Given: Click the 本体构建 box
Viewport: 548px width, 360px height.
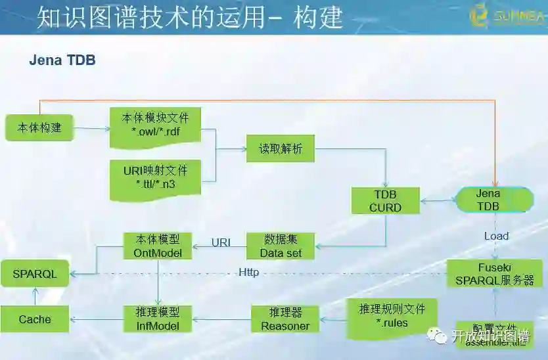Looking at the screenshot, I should (x=39, y=127).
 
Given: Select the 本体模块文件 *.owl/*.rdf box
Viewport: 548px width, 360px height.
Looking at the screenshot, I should (x=156, y=125).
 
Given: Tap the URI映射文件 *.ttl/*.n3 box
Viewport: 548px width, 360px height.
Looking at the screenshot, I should (x=156, y=177).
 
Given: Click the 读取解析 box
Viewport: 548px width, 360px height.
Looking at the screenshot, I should (x=281, y=148).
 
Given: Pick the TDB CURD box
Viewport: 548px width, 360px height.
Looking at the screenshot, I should (x=385, y=200).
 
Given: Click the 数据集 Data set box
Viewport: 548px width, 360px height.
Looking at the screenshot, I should (x=281, y=246).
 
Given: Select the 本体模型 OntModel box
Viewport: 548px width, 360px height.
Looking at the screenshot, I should (x=158, y=246).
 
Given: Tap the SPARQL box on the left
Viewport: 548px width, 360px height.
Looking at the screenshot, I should (x=35, y=274).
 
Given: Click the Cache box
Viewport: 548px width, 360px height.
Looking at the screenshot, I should (x=35, y=319).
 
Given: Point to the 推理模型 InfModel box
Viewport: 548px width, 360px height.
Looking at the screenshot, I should (x=158, y=319).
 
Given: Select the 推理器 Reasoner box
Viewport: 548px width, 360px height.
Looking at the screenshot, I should (x=285, y=319).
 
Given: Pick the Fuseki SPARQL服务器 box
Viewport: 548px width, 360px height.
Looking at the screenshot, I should (x=495, y=274).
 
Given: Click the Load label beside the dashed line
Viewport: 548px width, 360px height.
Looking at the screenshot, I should (x=496, y=236).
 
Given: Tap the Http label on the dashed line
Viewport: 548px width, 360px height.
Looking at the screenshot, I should (x=248, y=272).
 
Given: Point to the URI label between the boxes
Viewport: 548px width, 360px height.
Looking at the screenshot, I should (x=221, y=242).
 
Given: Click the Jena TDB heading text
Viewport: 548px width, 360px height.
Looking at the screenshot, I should (x=62, y=60).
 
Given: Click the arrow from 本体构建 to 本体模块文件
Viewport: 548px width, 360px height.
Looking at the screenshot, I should (x=92, y=128).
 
